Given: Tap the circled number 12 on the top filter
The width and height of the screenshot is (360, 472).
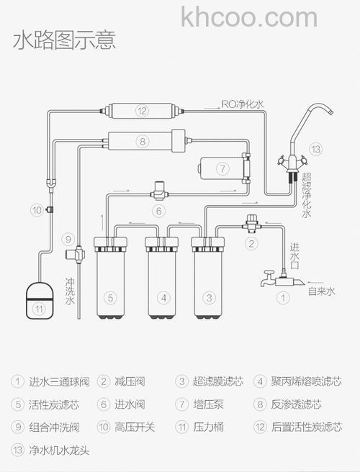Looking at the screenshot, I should coord(142,111).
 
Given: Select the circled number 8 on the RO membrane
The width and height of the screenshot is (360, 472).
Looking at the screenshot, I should coord(143,141).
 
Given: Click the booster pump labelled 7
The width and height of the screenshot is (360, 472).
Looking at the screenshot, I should coord(221,168).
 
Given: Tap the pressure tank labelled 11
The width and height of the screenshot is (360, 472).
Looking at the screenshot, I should coord(40,301).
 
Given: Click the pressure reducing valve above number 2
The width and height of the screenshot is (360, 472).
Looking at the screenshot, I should coord(251,221).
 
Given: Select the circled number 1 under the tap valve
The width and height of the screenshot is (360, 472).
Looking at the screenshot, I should coord(283,296).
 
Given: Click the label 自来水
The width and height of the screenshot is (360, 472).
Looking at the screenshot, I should coord(321,291).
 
